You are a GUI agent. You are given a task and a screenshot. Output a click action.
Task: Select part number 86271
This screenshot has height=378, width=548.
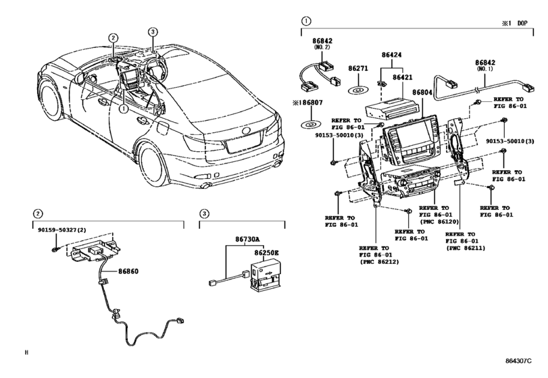(357, 69)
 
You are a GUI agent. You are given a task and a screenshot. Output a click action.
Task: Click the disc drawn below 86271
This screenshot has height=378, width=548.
(357, 88)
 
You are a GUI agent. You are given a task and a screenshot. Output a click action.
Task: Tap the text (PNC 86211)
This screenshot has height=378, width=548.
(466, 249)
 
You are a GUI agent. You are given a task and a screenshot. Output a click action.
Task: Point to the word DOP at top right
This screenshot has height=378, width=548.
(522, 23)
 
